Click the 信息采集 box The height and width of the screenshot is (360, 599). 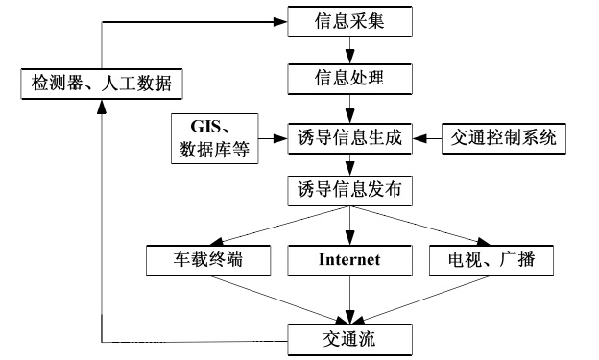350,21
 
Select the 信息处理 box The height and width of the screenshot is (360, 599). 350,76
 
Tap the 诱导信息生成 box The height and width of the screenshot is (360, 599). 350,137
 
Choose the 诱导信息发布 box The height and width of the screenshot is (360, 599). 350,191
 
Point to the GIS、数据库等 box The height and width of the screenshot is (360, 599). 214,137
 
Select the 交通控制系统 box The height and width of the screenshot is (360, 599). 503,137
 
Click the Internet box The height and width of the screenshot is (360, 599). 349,259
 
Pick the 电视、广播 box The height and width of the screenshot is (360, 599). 490,259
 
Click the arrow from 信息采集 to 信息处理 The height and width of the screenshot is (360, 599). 350,49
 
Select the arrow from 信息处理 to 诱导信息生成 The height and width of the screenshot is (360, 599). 350,107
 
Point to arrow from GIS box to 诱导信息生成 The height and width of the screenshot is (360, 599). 274,137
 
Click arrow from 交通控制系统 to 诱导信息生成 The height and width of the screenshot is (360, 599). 427,137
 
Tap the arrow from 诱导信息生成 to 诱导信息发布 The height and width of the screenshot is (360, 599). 350,164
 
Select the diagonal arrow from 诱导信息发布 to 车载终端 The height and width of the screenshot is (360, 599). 278,226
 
